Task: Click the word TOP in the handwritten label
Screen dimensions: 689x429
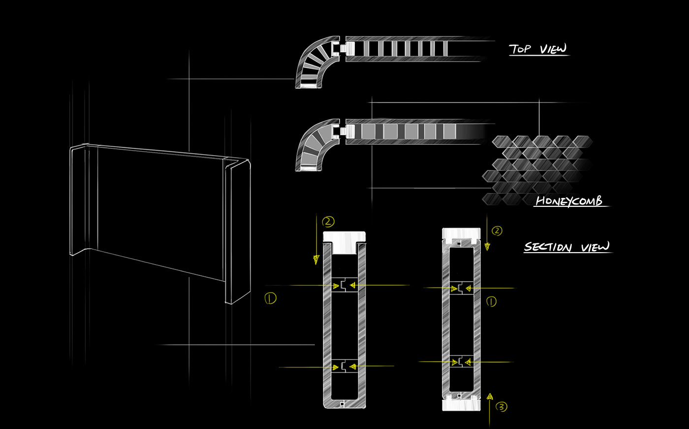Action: click(521, 49)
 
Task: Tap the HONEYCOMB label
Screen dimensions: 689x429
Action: click(568, 201)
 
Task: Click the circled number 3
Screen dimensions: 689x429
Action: click(501, 407)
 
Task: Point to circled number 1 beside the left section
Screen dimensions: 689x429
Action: click(270, 297)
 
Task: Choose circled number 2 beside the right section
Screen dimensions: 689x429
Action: click(497, 231)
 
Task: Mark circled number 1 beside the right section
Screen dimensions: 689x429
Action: click(491, 301)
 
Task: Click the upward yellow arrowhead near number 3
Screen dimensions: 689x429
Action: click(490, 396)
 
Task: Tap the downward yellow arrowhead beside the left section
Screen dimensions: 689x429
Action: click(316, 259)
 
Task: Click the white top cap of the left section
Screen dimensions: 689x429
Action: click(344, 241)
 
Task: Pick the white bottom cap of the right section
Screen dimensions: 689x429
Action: click(461, 404)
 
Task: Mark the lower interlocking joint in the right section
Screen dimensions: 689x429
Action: click(461, 362)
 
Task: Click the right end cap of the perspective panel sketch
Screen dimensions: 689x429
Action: click(238, 231)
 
